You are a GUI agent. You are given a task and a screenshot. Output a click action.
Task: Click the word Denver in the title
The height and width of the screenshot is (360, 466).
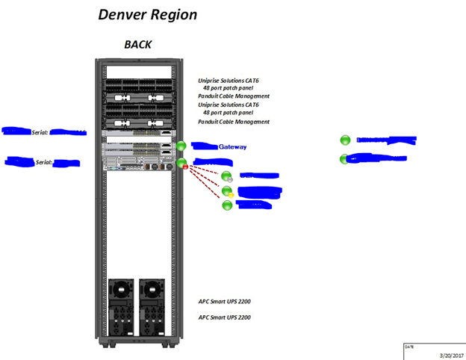pos(122,14)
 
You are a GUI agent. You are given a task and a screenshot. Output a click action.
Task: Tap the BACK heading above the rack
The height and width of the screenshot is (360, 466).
pos(137,44)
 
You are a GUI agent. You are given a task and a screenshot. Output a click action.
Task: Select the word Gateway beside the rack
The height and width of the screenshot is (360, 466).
pos(232,147)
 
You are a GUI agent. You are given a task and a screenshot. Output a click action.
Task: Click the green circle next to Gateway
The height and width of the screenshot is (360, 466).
pos(181,146)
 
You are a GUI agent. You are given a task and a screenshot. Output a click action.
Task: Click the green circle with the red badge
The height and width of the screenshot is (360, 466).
pos(181,164)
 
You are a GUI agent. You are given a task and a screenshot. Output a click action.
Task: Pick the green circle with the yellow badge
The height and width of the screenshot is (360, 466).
pos(228,192)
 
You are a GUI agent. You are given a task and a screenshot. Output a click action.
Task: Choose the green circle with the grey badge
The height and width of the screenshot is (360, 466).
pos(227,176)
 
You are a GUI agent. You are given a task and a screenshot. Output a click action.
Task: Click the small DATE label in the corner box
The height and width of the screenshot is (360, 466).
pos(408,347)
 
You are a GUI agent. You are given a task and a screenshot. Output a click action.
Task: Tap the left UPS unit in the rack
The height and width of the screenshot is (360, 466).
pos(121,308)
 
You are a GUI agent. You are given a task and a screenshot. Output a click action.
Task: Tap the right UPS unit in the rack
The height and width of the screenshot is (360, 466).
pos(152,308)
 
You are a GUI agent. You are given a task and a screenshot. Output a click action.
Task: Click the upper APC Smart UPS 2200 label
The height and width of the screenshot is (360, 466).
pos(224,302)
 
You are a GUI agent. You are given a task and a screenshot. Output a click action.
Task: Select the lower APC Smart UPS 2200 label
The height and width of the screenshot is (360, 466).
pos(224,317)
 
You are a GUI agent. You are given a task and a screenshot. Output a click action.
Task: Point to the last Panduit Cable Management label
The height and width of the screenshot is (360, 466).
pos(234,122)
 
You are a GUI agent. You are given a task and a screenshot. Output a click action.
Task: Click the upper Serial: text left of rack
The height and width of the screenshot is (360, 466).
pos(40,132)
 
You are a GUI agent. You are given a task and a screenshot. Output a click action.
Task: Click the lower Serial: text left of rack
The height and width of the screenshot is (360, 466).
pos(43,161)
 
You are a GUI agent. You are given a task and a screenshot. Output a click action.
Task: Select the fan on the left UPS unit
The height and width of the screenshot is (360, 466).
pos(121,288)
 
